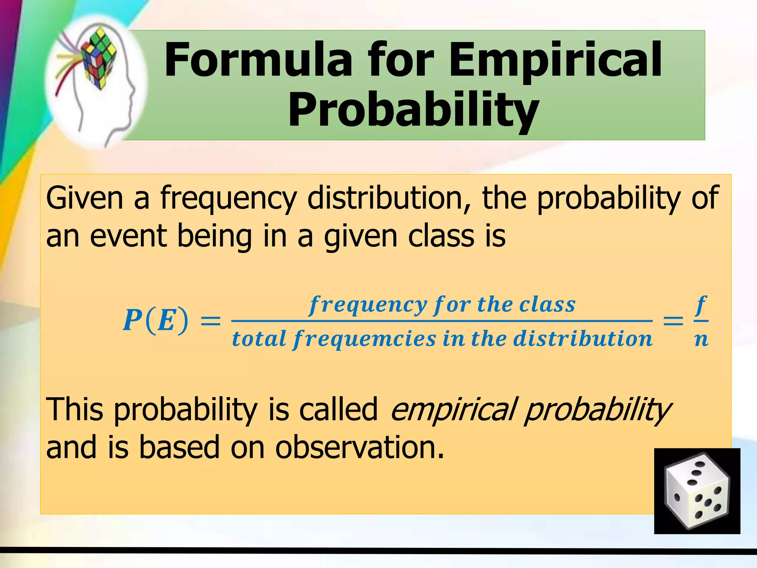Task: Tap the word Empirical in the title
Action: click(554, 60)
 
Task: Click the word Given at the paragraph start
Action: click(85, 198)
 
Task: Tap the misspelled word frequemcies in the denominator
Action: click(364, 339)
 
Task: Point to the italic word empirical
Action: click(453, 410)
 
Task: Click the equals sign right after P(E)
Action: click(210, 321)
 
